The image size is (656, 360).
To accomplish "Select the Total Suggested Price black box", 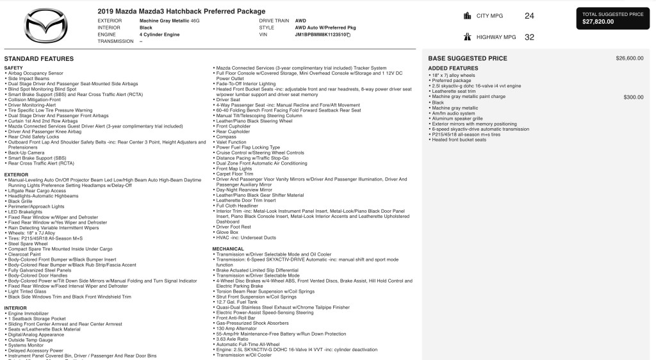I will coord(614,18).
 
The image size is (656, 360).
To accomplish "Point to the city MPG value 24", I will coord(529,15).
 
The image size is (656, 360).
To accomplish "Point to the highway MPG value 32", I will coord(529,37).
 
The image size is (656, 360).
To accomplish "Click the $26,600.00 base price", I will coord(629,58).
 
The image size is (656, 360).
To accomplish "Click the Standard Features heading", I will coord(38,59).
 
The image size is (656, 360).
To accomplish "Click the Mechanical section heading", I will coord(228,249).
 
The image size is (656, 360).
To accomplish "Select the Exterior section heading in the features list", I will coord(16,174).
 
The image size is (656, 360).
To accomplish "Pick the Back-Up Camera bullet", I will coord(26,153).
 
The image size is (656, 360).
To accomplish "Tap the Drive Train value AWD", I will coord(300,20).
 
